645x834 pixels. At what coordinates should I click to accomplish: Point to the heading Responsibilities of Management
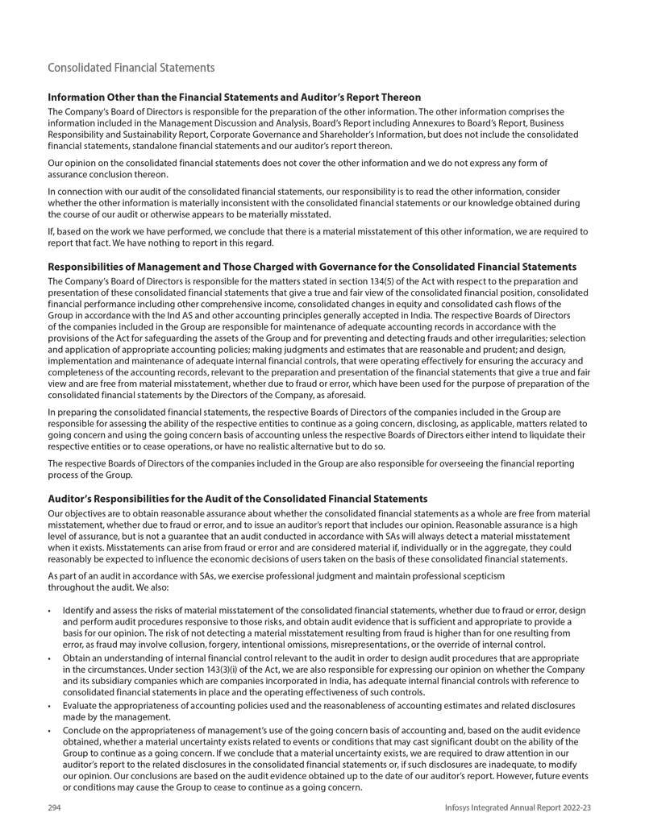(x=312, y=267)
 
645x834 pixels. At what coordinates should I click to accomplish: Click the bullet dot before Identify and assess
(x=51, y=611)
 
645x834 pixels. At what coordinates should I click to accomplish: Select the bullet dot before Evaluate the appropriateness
(x=51, y=706)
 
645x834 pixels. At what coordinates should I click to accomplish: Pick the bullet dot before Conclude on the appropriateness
(x=51, y=731)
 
